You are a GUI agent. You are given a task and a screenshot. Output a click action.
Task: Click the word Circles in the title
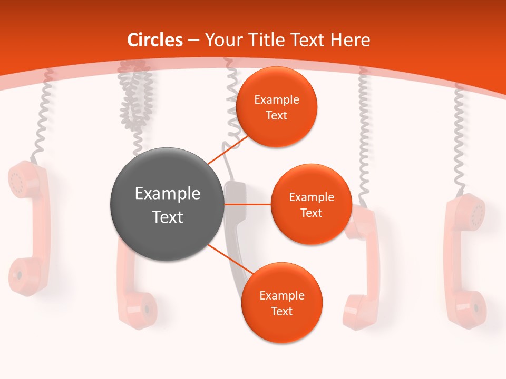point(155,40)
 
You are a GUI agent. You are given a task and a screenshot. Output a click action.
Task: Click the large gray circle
point(167,204)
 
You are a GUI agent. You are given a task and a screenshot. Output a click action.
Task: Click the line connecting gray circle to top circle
point(229,149)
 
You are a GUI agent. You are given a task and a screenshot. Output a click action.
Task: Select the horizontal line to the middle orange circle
point(247,204)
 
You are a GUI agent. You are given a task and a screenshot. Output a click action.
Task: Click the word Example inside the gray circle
point(167,194)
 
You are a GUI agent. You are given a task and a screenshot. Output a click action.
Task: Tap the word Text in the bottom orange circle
point(281,311)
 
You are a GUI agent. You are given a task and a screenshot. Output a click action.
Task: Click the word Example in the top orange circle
point(276,99)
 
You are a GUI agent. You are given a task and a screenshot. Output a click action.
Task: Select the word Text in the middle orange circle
point(311,213)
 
